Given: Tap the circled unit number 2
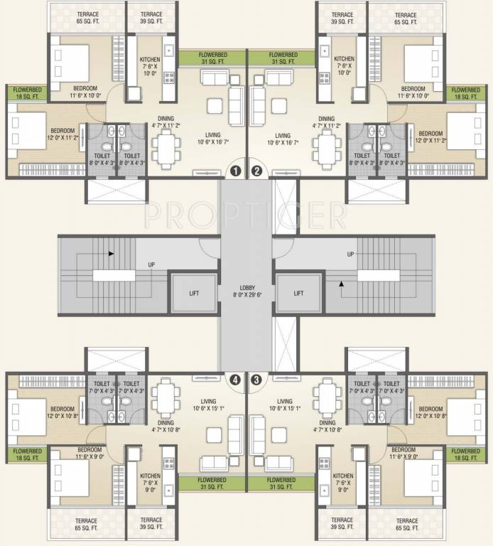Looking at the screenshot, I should pyautogui.click(x=256, y=171).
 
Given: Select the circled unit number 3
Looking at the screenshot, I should pyautogui.click(x=256, y=380).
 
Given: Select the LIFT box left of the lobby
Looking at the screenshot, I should pyautogui.click(x=193, y=292).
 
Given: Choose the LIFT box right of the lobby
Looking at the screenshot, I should pyautogui.click(x=298, y=292).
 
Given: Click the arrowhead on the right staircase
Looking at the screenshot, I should pyautogui.click(x=342, y=285).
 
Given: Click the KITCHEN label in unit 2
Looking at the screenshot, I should pyautogui.click(x=345, y=60).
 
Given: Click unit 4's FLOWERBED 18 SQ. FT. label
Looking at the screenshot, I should pyautogui.click(x=26, y=454).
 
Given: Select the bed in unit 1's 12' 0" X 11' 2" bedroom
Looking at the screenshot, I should pyautogui.click(x=28, y=131).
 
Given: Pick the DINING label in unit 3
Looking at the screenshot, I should pyautogui.click(x=327, y=421).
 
